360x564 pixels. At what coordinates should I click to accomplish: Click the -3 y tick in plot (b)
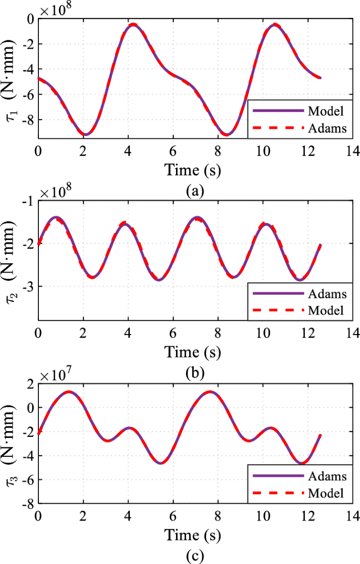point(28,287)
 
